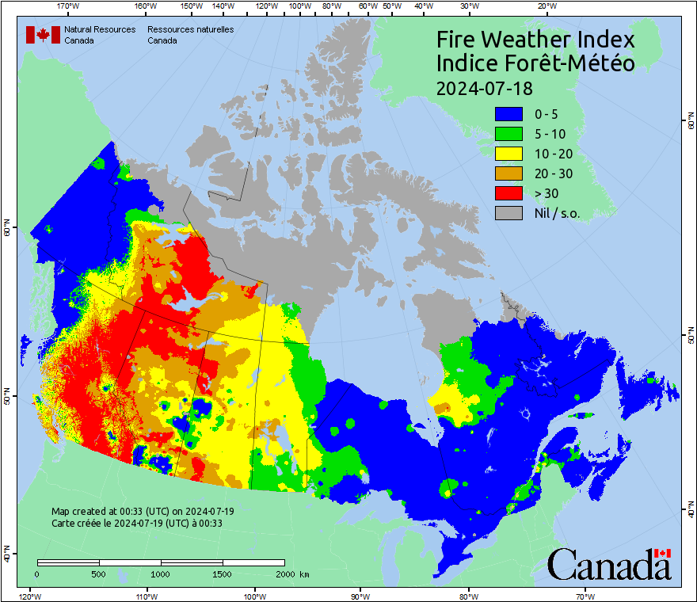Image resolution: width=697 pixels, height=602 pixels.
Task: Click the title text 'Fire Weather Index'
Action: coord(535,40)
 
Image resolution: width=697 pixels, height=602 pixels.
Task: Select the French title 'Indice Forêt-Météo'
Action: coord(535,63)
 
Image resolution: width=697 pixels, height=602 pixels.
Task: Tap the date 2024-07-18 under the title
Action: coord(485,87)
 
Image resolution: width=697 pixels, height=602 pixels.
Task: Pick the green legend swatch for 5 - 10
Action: coord(509,134)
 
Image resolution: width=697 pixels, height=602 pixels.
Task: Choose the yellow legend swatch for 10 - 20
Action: coord(509,154)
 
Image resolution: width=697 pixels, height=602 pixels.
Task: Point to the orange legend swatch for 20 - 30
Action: coord(509,173)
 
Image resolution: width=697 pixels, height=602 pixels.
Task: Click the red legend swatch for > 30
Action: coord(509,193)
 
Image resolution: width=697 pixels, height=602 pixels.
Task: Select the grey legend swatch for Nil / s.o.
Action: coord(509,213)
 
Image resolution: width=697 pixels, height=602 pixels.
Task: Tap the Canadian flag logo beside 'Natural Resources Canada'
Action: coord(43,35)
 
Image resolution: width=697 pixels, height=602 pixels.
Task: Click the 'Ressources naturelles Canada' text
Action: coord(190,35)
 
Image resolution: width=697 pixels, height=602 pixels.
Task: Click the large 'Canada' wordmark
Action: coord(608,566)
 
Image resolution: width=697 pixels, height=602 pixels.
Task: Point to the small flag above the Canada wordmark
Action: coord(663,553)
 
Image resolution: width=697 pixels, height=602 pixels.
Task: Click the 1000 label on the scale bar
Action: coord(161,573)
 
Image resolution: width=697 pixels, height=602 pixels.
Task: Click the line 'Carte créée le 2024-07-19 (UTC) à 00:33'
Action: coord(136,523)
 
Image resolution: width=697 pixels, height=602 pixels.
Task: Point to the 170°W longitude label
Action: coord(69,6)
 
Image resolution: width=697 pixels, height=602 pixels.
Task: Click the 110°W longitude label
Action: coord(146,596)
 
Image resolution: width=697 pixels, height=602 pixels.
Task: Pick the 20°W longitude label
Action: coord(545,6)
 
